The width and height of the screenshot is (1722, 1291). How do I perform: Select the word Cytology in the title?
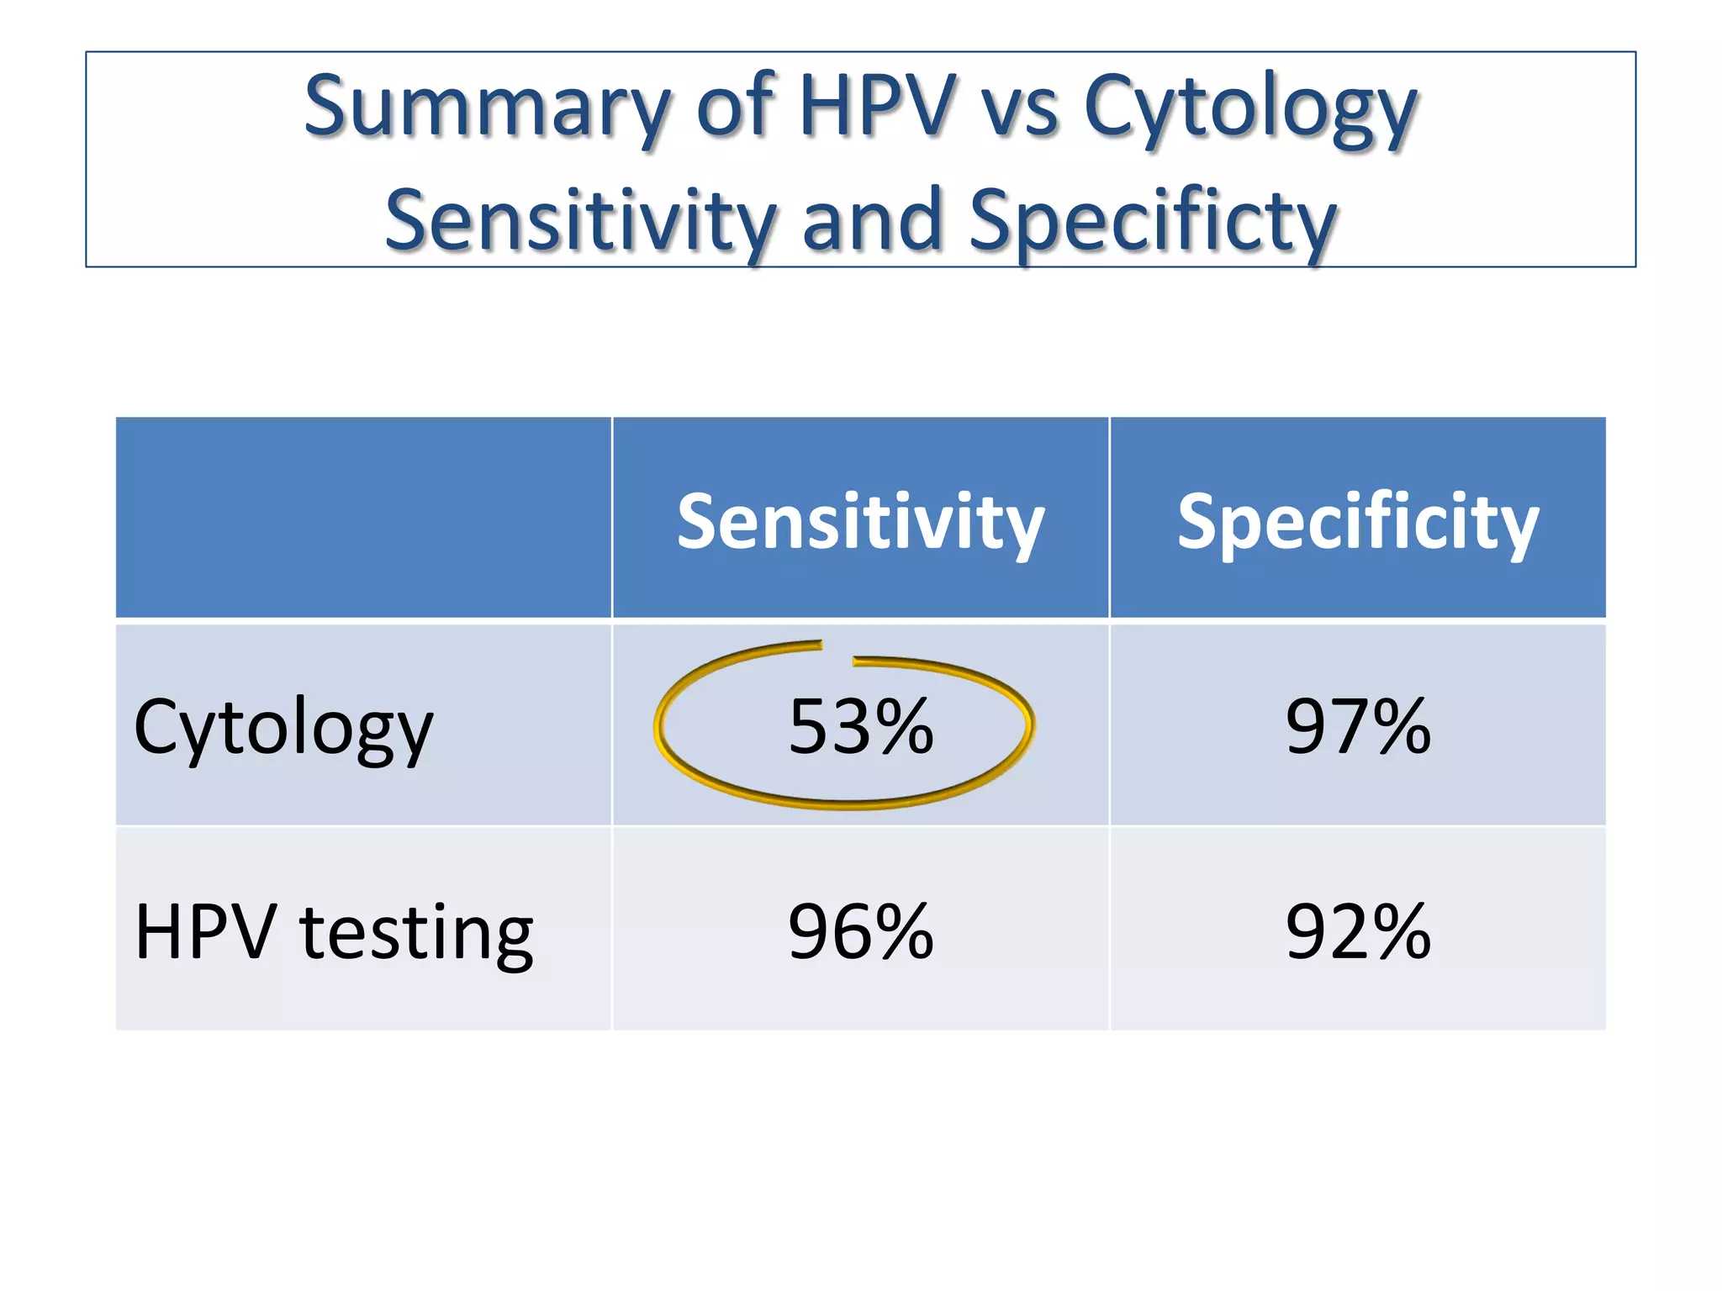1250,109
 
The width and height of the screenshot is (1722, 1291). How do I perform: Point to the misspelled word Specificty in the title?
1153,221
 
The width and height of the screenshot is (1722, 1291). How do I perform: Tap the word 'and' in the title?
872,219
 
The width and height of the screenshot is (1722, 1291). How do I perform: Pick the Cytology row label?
283,728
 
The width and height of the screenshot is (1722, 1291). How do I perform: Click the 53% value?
860,726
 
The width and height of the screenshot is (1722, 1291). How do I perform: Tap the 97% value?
1357,726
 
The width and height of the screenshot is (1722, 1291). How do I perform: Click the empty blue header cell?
363,518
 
